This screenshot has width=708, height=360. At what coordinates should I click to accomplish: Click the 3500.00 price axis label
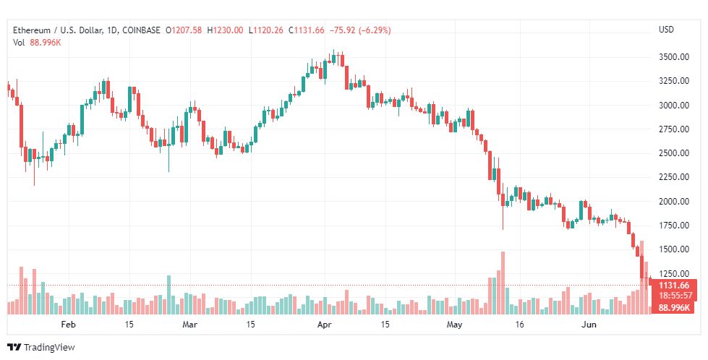(x=674, y=57)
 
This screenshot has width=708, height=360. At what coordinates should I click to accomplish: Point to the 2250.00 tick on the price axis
(x=674, y=177)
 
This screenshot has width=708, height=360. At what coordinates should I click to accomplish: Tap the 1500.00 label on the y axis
(x=674, y=249)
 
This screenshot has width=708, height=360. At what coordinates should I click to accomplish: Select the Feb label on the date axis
(x=68, y=325)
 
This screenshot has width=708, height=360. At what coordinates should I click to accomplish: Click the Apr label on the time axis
(x=325, y=325)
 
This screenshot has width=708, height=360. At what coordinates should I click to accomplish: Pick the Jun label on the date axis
(x=589, y=325)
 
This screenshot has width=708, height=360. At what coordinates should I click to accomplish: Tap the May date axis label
(x=455, y=325)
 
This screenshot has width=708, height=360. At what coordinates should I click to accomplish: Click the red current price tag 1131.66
(x=674, y=285)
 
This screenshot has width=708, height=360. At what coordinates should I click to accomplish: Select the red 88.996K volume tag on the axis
(x=674, y=308)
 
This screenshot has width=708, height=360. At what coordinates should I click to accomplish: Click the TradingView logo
(x=41, y=348)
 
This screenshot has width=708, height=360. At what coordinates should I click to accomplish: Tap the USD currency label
(x=666, y=30)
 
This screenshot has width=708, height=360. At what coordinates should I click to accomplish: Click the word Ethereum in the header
(x=32, y=30)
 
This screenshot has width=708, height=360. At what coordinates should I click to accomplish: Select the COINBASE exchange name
(x=141, y=30)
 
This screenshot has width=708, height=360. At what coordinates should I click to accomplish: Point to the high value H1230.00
(x=225, y=30)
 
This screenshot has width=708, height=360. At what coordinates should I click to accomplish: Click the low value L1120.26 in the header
(x=266, y=30)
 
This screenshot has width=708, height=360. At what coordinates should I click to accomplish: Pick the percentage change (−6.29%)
(x=375, y=30)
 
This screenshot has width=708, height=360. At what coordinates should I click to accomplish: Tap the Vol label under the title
(x=19, y=43)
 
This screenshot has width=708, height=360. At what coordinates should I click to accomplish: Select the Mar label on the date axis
(x=189, y=325)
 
